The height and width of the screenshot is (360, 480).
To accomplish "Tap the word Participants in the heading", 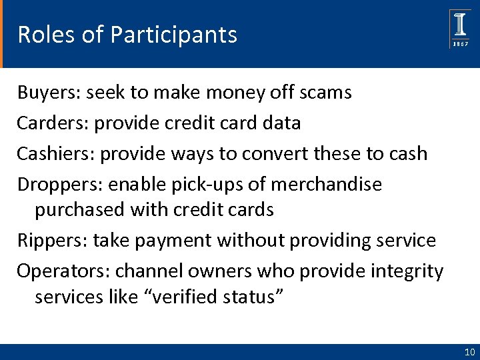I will pyautogui.click(x=173, y=34).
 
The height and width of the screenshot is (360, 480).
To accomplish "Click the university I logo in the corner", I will pyautogui.click(x=460, y=25).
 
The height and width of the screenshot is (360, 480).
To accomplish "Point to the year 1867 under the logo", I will pyautogui.click(x=461, y=43).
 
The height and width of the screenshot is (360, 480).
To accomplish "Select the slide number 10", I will pyautogui.click(x=468, y=352).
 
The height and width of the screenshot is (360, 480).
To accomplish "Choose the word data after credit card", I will pyautogui.click(x=281, y=123).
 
